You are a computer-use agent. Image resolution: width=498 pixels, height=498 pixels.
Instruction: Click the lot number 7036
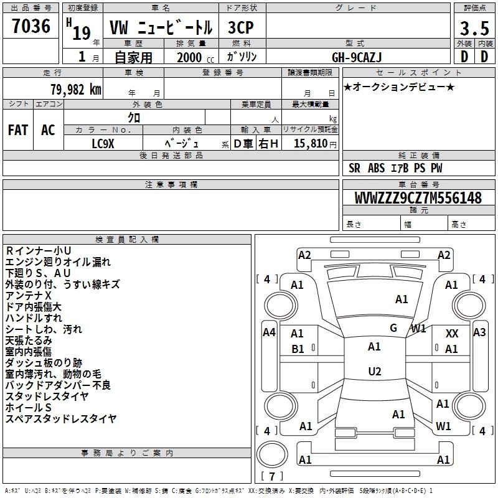click(31, 26)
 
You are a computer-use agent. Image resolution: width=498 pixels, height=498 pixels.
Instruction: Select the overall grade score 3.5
click(474, 28)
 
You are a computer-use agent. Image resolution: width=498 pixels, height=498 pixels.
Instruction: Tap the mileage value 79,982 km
click(76, 90)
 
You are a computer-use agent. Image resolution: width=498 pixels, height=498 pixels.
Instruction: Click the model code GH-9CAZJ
click(357, 57)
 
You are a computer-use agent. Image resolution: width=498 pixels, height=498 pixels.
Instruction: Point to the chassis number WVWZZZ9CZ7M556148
click(418, 198)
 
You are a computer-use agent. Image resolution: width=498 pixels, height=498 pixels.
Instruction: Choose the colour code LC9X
click(103, 144)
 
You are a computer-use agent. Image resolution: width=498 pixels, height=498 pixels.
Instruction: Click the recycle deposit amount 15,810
click(311, 143)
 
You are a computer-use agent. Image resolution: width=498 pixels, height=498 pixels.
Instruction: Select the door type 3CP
click(241, 27)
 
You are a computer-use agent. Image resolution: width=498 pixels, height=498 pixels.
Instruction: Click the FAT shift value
click(18, 130)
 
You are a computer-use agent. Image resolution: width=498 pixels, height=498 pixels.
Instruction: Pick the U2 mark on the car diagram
click(375, 371)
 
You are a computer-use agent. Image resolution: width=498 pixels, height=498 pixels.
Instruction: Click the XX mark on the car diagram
click(452, 334)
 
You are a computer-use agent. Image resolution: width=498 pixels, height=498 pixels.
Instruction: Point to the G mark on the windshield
click(393, 327)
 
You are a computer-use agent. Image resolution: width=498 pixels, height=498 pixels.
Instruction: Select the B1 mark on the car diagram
click(298, 349)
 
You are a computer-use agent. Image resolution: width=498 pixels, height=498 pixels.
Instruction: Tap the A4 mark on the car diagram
click(269, 332)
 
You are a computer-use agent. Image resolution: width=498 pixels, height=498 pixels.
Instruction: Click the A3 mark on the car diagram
click(479, 332)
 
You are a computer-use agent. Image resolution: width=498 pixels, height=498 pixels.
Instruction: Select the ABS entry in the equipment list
click(377, 168)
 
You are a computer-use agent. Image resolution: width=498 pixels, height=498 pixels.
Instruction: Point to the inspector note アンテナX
click(28, 295)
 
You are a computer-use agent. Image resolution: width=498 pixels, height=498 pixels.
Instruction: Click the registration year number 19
click(82, 33)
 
